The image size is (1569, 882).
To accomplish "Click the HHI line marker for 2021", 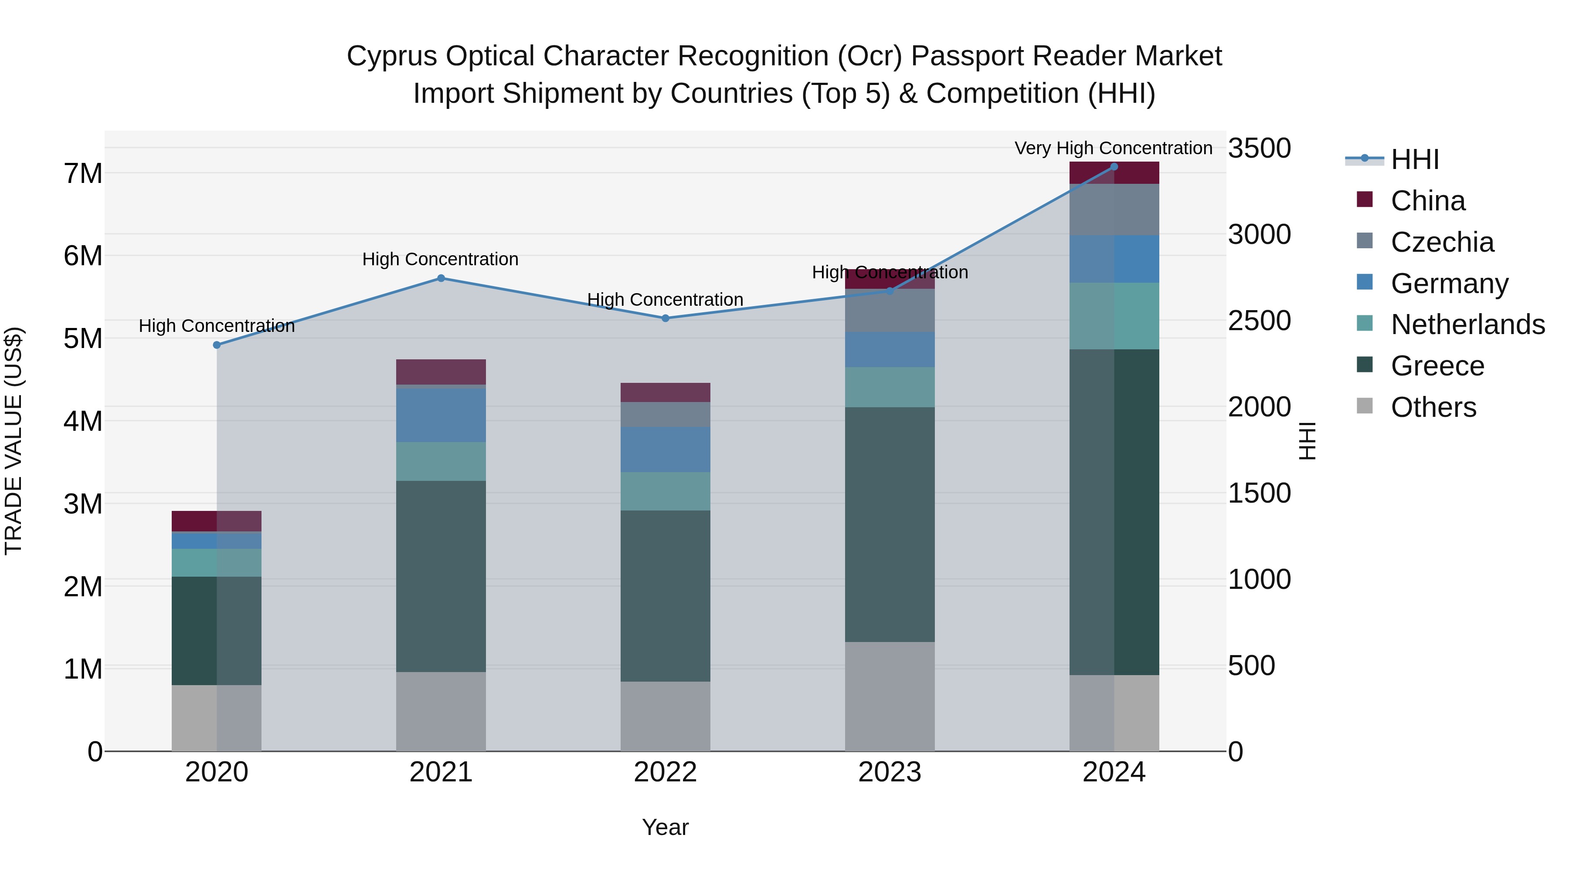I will click(x=441, y=278).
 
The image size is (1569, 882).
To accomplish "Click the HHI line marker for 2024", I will click(x=1114, y=167).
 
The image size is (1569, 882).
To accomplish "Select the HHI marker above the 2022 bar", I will click(x=665, y=318).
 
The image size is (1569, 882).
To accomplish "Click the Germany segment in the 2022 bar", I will click(x=665, y=449).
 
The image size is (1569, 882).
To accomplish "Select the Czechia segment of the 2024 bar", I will click(x=1114, y=210).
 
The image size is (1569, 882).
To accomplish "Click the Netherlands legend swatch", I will click(x=1365, y=323).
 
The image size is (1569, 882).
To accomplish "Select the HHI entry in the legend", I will click(x=1415, y=159).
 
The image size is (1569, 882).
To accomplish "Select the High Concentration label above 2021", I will click(x=440, y=259).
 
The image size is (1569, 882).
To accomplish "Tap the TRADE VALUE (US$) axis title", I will click(x=14, y=441).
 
